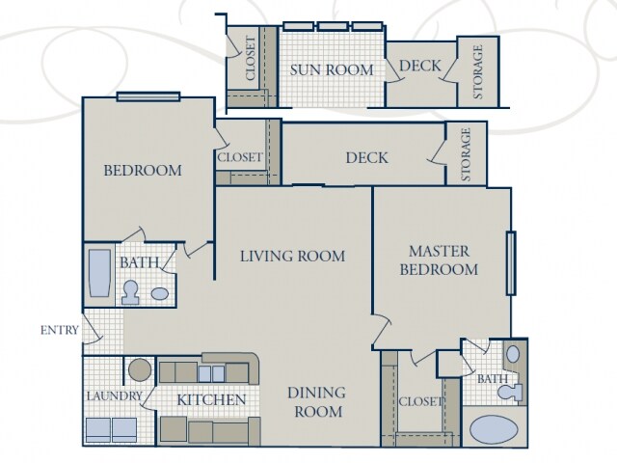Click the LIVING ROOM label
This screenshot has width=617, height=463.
click(x=292, y=256)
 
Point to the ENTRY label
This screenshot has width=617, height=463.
click(x=60, y=330)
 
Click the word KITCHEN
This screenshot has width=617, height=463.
click(x=211, y=399)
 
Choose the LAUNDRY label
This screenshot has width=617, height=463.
click(x=115, y=396)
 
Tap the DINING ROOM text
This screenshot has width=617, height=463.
click(x=316, y=402)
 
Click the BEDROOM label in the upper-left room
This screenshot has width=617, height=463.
click(x=143, y=171)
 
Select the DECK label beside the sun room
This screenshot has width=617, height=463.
click(x=419, y=67)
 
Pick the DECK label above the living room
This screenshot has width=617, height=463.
click(x=366, y=158)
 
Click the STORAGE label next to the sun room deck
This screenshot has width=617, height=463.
click(x=477, y=72)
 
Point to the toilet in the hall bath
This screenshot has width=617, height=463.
click(x=132, y=290)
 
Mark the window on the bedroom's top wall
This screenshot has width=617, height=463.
click(x=148, y=95)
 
